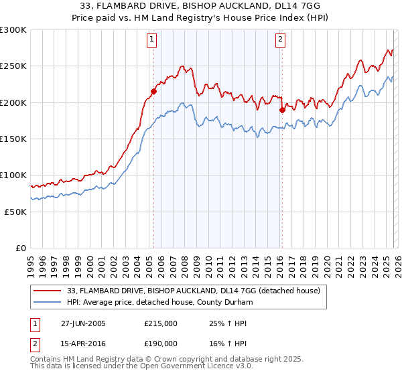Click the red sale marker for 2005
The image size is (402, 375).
[153, 91]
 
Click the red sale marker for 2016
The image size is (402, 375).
[282, 110]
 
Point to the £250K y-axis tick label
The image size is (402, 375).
[13, 66]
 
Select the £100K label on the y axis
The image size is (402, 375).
[13, 175]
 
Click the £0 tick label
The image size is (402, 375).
[20, 248]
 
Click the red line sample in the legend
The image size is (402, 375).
[47, 291]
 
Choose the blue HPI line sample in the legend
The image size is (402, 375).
[47, 302]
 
